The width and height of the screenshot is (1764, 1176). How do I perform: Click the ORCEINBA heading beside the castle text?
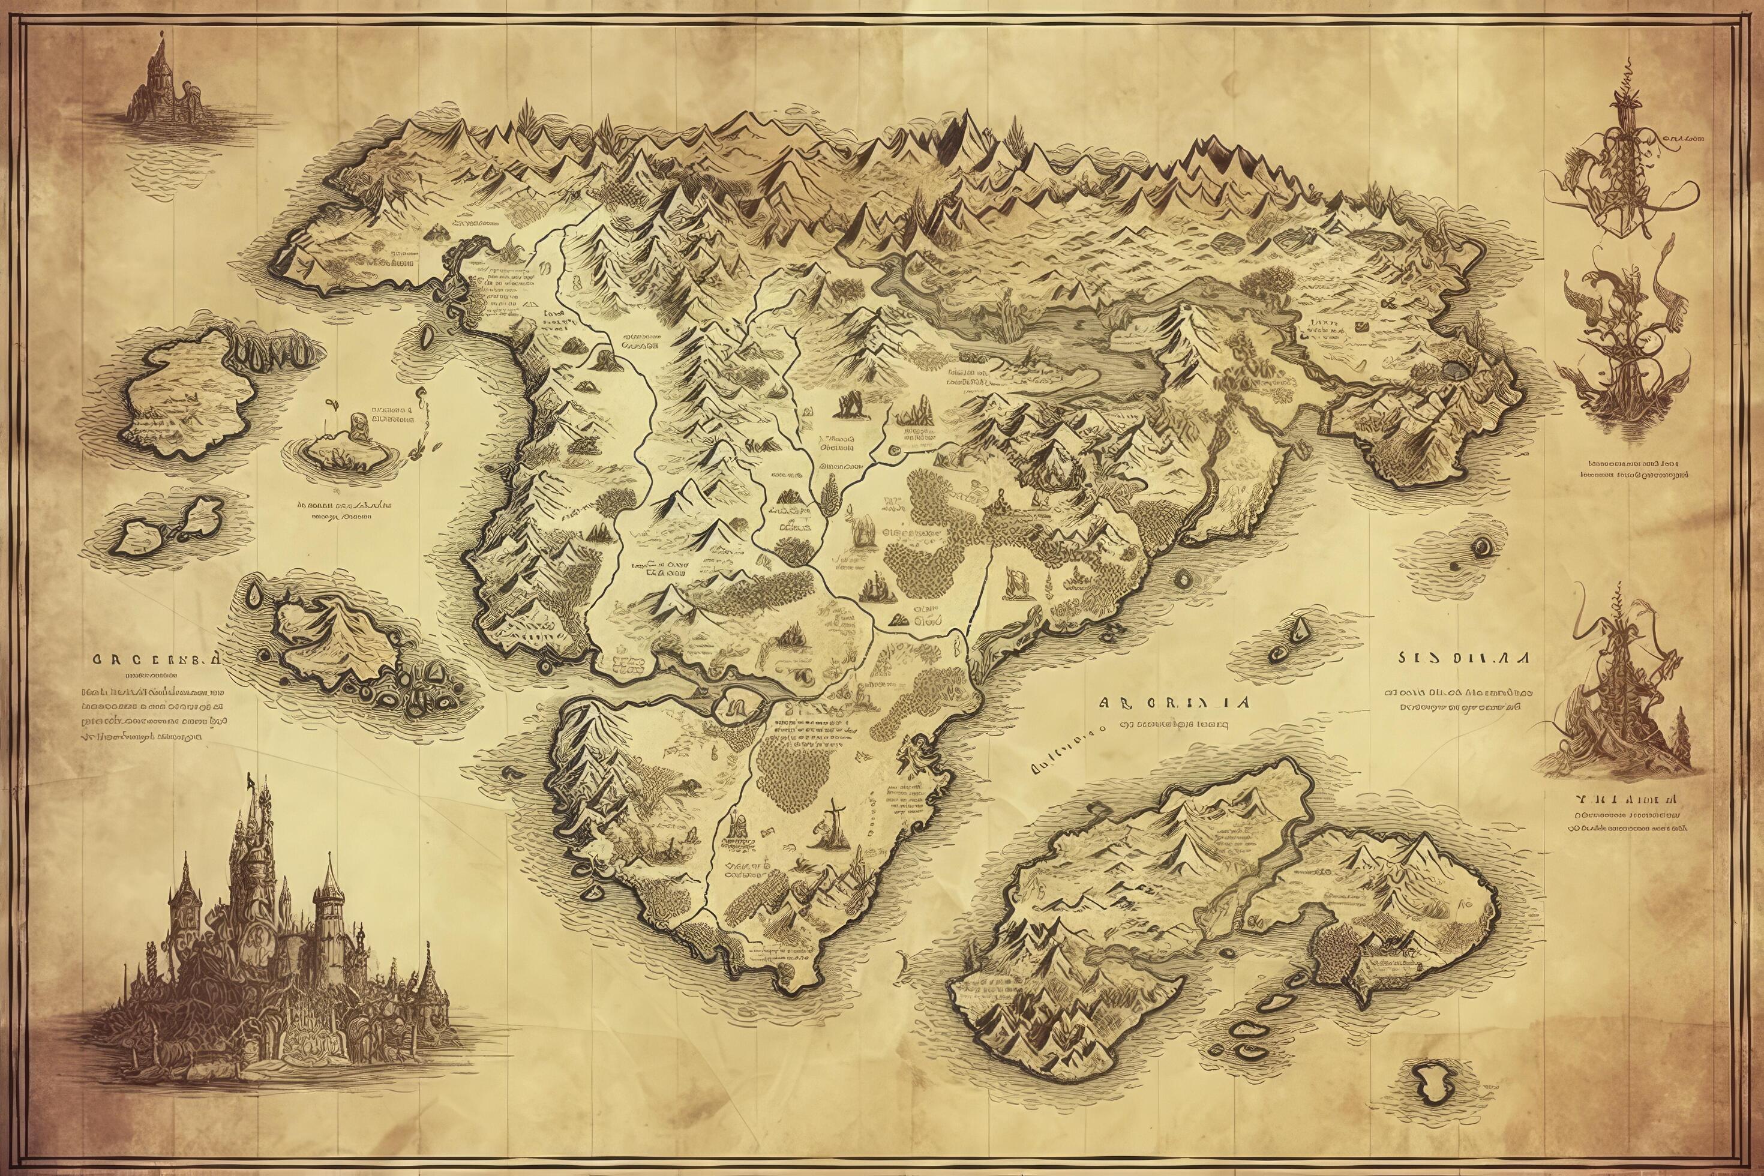coord(156,659)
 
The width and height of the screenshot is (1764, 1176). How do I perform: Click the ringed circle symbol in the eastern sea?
coord(1481,546)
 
